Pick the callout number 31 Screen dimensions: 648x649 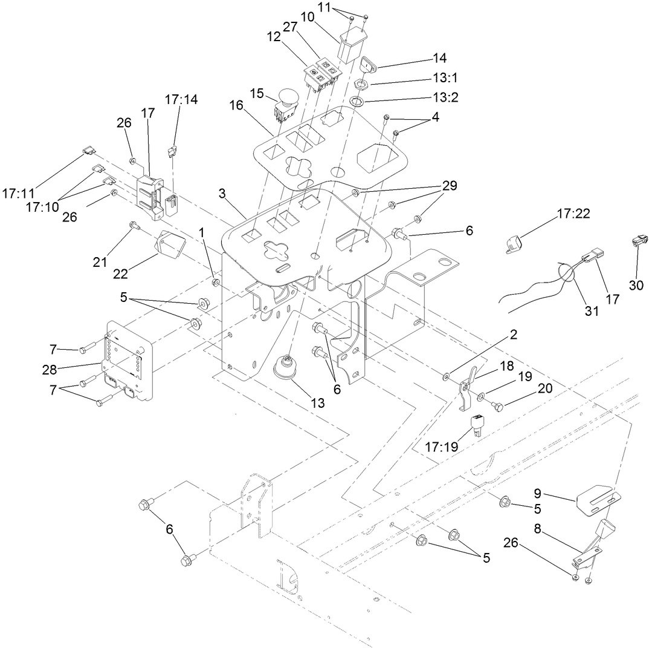click(x=591, y=311)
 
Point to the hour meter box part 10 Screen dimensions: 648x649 click(x=352, y=45)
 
